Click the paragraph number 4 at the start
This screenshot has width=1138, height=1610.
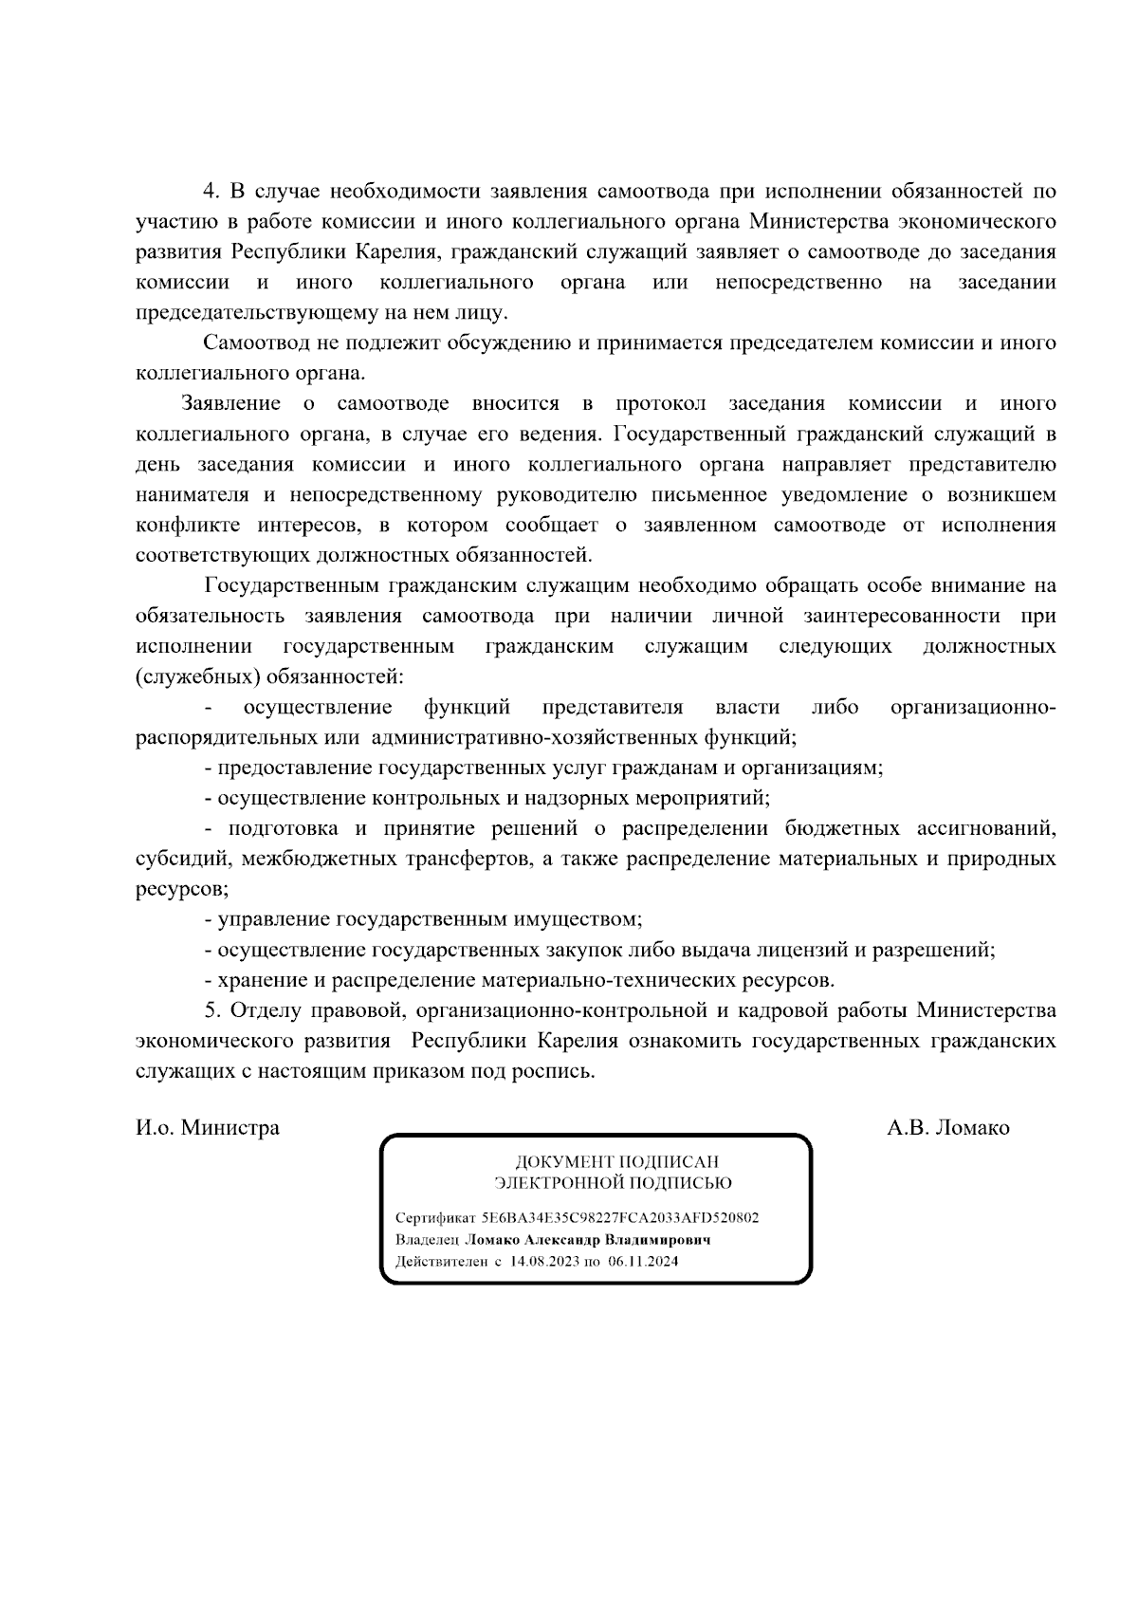tap(211, 192)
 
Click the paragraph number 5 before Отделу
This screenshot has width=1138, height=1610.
tap(211, 1010)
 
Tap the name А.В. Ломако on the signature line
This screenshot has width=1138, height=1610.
tap(947, 1127)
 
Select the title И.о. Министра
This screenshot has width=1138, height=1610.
tap(208, 1127)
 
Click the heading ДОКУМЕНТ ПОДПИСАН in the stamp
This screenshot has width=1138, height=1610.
tap(616, 1162)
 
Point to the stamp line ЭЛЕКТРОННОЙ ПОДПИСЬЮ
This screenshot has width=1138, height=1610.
tap(614, 1183)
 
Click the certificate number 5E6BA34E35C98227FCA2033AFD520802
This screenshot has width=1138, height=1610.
tap(619, 1217)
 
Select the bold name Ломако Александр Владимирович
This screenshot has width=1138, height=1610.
tap(587, 1240)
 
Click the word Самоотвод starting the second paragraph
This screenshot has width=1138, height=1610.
tap(249, 343)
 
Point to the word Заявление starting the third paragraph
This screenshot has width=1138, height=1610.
tap(231, 404)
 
